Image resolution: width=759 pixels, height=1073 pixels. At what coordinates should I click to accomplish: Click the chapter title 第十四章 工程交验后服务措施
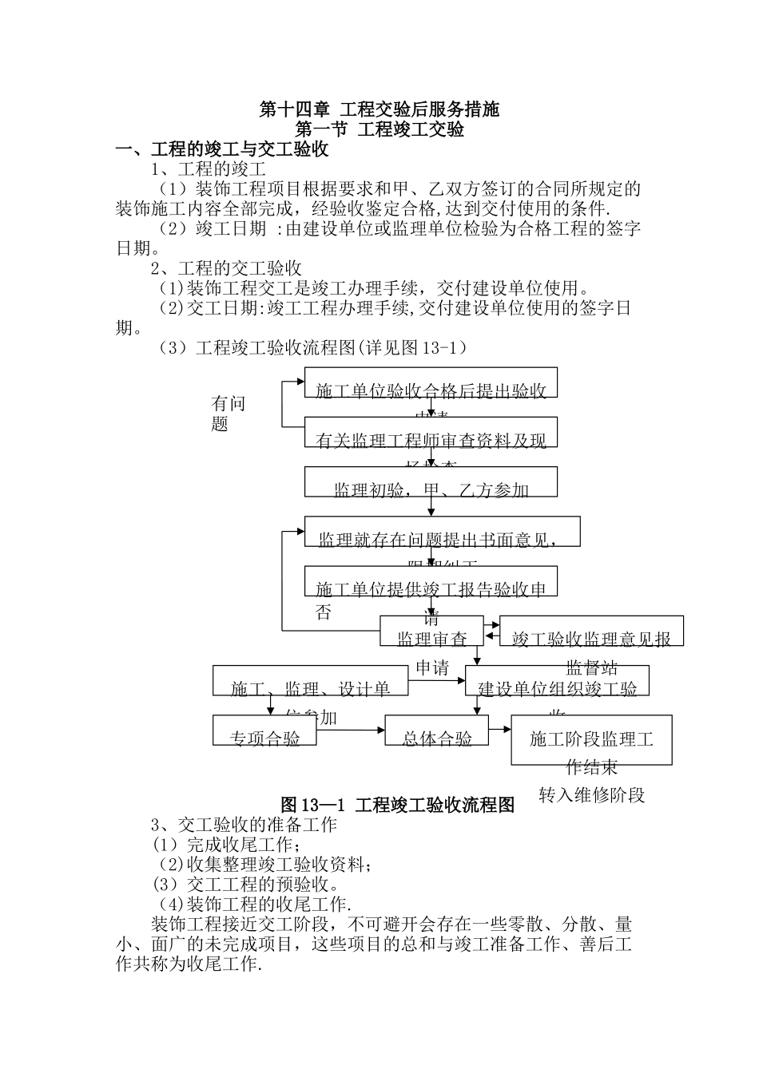[x=379, y=109]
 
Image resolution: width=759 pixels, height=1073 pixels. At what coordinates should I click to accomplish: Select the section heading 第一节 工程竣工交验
[x=379, y=129]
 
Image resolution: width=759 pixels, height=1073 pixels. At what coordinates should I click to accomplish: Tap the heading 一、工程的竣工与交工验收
[x=222, y=149]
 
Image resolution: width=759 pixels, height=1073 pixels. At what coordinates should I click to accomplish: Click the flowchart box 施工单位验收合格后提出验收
[x=431, y=382]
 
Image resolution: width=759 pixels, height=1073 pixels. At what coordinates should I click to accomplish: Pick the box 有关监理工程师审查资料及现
[x=431, y=432]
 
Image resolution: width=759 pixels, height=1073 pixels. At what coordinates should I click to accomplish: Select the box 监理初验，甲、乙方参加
[x=431, y=481]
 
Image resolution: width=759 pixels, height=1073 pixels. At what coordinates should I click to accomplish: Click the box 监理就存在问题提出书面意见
[x=442, y=532]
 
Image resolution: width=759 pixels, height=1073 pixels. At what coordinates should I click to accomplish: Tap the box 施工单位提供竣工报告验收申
[x=431, y=581]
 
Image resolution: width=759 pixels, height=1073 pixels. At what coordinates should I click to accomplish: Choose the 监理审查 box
[x=432, y=631]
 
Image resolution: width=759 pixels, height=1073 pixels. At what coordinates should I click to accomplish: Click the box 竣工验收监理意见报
[x=591, y=631]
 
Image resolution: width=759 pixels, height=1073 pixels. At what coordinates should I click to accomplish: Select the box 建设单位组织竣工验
[x=557, y=681]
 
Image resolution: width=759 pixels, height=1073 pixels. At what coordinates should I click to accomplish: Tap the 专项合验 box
[x=264, y=731]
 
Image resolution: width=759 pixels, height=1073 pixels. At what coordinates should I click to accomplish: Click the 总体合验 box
[x=436, y=731]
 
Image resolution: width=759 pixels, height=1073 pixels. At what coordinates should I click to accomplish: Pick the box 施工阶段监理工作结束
[x=591, y=740]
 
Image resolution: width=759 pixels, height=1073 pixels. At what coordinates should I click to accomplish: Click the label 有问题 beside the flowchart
[x=228, y=414]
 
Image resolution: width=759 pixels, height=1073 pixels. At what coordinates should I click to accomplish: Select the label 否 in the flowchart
[x=324, y=613]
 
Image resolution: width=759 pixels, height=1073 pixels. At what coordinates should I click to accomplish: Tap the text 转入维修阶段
[x=591, y=795]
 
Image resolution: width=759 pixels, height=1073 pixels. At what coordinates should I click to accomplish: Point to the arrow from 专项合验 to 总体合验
[x=351, y=730]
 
